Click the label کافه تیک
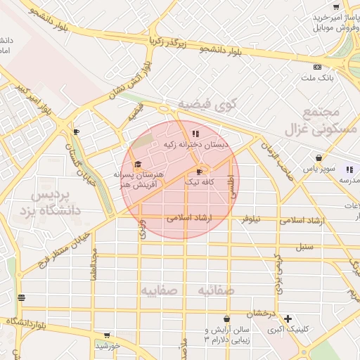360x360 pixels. (200, 181)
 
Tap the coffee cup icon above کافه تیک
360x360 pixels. (200, 171)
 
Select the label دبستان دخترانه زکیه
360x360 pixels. (196, 144)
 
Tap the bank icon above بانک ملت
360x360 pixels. (317, 67)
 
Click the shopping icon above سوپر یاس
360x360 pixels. (319, 158)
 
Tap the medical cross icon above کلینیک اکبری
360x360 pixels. (288, 318)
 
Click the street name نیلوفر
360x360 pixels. (251, 219)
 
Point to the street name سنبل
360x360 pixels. (304, 247)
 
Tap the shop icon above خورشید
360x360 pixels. (106, 335)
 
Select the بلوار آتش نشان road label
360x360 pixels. (129, 84)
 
